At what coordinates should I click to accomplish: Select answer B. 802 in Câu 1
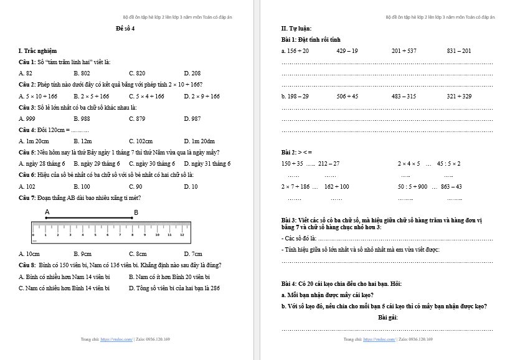(x=82, y=73)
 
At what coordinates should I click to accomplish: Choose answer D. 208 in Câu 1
(x=192, y=73)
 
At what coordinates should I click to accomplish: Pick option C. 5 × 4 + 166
(x=147, y=97)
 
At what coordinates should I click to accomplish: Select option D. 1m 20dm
(x=199, y=141)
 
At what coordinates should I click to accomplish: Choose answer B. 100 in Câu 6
(x=82, y=186)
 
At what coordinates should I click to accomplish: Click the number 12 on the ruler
(x=182, y=235)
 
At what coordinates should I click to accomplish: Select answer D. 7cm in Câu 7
(x=193, y=254)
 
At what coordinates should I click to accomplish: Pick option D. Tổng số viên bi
(x=174, y=288)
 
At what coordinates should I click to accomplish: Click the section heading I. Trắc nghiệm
(x=38, y=51)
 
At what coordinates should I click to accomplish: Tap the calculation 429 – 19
(x=347, y=51)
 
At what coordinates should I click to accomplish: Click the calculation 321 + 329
(x=459, y=97)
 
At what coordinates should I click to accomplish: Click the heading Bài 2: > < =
(x=297, y=153)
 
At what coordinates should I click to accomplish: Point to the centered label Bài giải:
(x=387, y=318)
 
